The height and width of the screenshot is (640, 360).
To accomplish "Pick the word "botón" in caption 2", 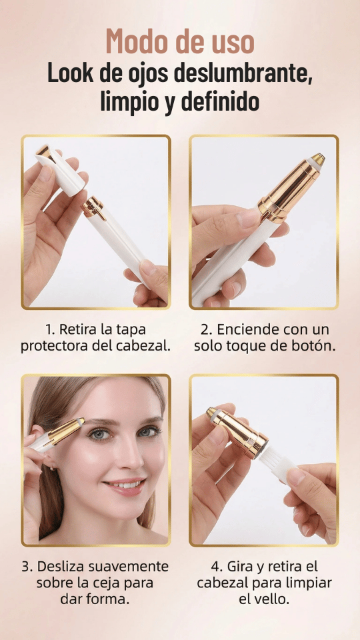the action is click(315, 346).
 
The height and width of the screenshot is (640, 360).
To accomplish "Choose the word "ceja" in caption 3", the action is click(111, 583).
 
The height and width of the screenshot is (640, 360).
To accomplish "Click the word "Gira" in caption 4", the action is click(237, 566).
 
